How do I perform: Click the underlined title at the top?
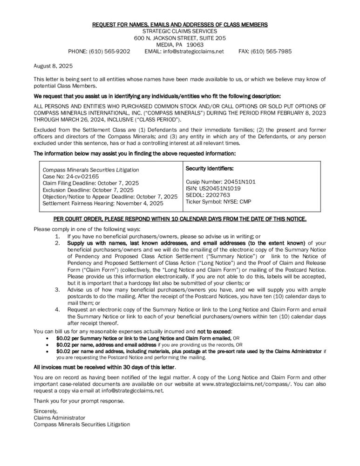pyautogui.click(x=180, y=24)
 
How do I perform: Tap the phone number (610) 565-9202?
pyautogui.click(x=111, y=51)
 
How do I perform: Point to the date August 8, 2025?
pyautogui.click(x=53, y=66)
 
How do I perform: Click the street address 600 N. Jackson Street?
pyautogui.click(x=180, y=38)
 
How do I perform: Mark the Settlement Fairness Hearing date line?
pyautogui.click(x=103, y=203)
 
